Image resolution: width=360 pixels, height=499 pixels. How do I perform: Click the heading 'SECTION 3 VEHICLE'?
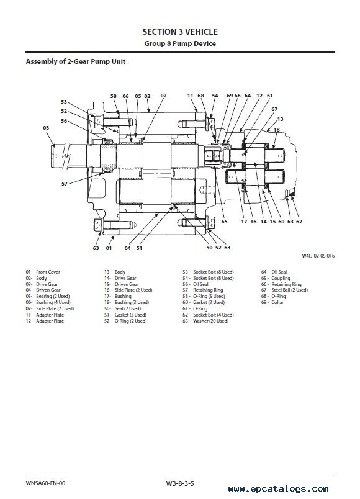pyautogui.click(x=180, y=32)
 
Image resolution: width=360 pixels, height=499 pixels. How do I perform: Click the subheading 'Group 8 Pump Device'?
pyautogui.click(x=180, y=43)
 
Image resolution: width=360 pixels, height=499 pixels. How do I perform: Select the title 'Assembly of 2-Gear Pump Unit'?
pyautogui.click(x=76, y=61)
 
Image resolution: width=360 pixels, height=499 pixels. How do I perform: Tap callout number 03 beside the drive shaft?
pyautogui.click(x=46, y=128)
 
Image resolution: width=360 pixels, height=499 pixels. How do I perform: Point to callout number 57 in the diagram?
pyautogui.click(x=65, y=184)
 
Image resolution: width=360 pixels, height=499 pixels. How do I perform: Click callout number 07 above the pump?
pyautogui.click(x=164, y=96)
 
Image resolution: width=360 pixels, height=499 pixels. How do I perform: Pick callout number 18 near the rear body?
pyautogui.click(x=277, y=130)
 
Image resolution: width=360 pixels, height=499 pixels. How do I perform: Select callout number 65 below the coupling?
pyautogui.click(x=225, y=222)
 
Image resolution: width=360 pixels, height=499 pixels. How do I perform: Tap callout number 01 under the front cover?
pyautogui.click(x=109, y=248)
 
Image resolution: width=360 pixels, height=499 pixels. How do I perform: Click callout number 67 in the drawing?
pyautogui.click(x=274, y=109)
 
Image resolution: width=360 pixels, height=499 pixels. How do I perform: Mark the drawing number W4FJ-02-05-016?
pyautogui.click(x=318, y=256)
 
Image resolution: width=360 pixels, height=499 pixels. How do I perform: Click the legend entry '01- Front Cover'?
pyautogui.click(x=43, y=272)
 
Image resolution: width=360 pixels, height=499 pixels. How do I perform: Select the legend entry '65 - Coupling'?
pyautogui.click(x=276, y=278)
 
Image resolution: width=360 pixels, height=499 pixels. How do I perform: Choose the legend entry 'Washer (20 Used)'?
pyautogui.click(x=210, y=321)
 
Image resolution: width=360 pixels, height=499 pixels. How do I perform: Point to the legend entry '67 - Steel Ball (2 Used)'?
pyautogui.click(x=284, y=290)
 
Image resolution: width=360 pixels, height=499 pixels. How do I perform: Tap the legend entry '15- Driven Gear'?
pyautogui.click(x=122, y=284)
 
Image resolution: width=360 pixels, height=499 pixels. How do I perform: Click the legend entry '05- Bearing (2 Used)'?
pyautogui.click(x=48, y=296)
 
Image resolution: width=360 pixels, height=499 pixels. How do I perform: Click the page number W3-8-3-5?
pyautogui.click(x=180, y=483)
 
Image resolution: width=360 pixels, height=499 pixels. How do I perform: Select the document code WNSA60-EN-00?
pyautogui.click(x=45, y=483)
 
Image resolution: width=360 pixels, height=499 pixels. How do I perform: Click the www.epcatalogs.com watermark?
pyautogui.click(x=279, y=489)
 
